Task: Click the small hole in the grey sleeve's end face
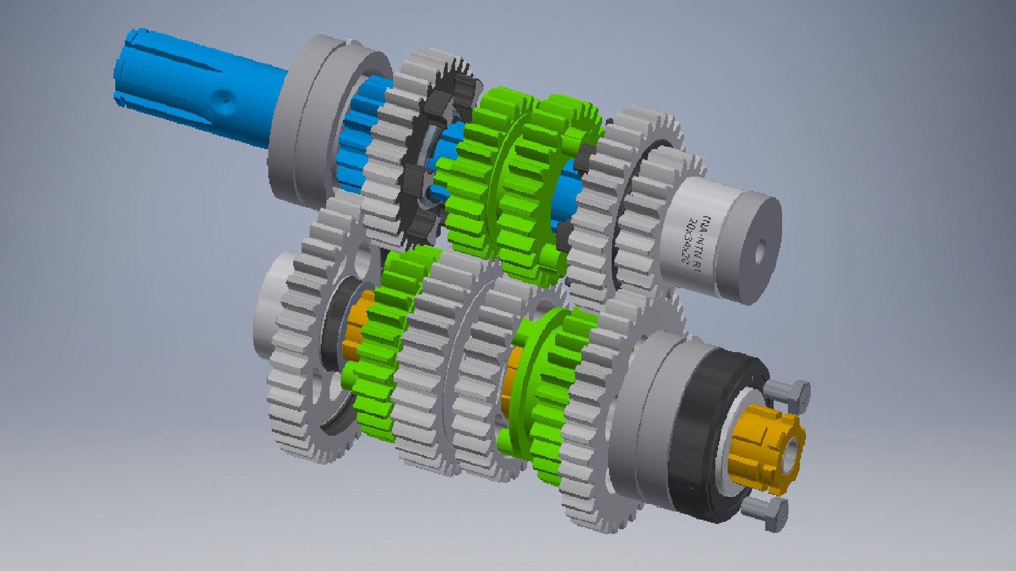click(x=760, y=251)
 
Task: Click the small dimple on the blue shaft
click(x=225, y=98)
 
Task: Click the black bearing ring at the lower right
click(x=698, y=439)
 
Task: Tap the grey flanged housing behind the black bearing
click(x=640, y=407)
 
